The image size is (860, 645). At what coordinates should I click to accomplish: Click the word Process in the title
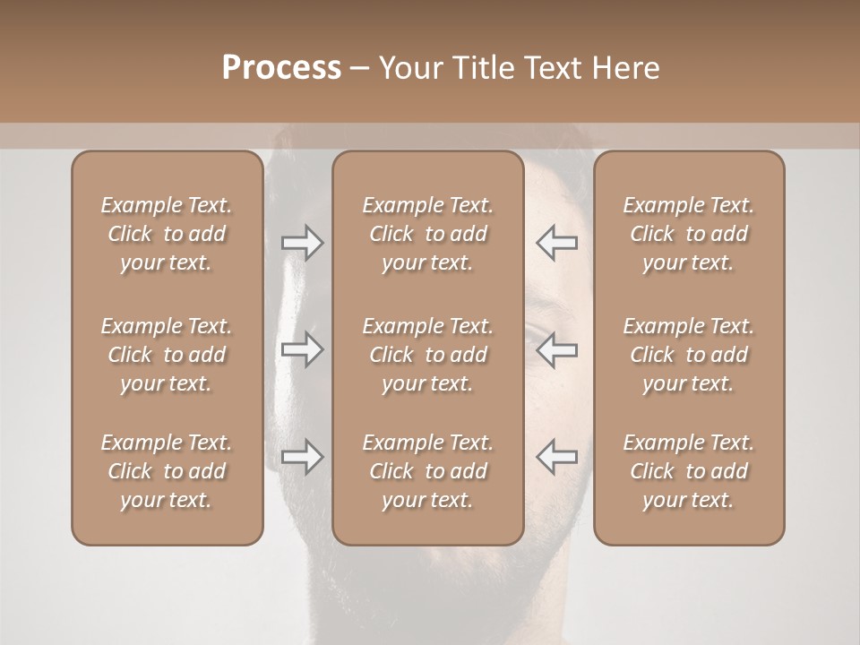coord(281,68)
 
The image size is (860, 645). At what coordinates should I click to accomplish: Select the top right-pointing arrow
coord(302,243)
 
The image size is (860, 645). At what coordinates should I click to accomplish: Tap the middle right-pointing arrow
coord(302,349)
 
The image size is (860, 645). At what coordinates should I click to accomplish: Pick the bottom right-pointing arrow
coord(302,457)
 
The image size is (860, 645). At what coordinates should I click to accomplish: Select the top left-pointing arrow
coord(556,243)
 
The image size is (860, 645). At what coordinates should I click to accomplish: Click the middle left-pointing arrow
coord(556,349)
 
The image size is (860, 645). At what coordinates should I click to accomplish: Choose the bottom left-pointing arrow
coord(556,457)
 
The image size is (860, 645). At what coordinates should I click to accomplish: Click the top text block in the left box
coord(167,234)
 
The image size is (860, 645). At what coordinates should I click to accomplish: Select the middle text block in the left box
coord(167,355)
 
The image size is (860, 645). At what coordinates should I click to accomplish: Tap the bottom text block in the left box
coord(167,471)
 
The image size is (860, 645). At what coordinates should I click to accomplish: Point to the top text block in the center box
coord(428,234)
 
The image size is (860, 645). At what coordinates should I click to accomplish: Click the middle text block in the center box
coord(428,355)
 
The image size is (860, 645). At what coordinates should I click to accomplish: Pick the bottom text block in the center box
coord(428,471)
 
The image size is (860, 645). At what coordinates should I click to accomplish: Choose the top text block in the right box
coord(689,234)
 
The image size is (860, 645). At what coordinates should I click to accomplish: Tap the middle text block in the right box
coord(689,355)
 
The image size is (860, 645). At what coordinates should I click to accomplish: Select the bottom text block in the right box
coord(689,471)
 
